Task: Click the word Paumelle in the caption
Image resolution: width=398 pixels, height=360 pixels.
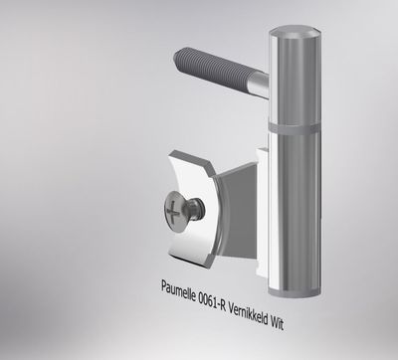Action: coord(181,288)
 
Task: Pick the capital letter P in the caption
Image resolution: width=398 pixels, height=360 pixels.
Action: coord(165,286)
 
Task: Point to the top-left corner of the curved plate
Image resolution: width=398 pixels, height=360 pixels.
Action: coord(170,154)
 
